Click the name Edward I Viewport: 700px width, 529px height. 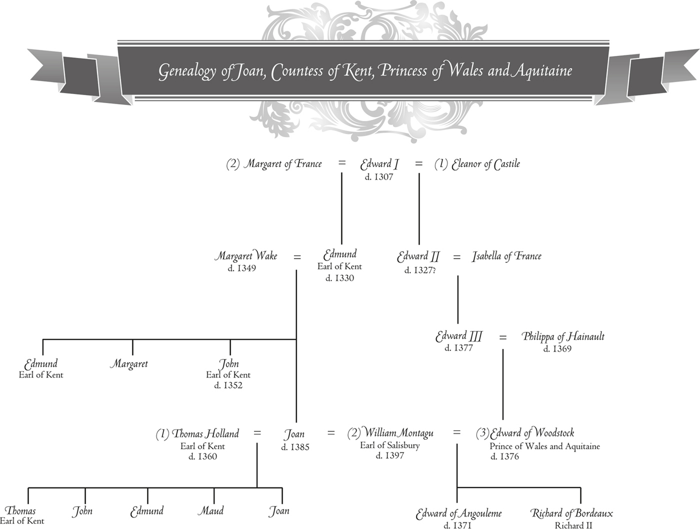(x=379, y=164)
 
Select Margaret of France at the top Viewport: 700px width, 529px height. (x=283, y=164)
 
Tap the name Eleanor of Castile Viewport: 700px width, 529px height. (x=486, y=164)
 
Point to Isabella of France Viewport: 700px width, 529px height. (x=506, y=257)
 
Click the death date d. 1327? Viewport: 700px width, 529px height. (x=420, y=271)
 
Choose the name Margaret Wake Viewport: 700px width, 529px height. (x=246, y=256)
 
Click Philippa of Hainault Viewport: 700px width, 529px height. (x=563, y=336)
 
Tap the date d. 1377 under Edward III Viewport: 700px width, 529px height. (x=459, y=348)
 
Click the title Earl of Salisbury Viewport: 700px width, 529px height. (x=389, y=445)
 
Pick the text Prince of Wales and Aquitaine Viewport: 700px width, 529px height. (x=544, y=446)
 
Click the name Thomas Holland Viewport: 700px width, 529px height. (x=205, y=434)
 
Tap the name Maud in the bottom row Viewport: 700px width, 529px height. (x=211, y=511)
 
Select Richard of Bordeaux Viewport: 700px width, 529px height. (x=572, y=514)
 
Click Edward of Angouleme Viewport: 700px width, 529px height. (x=459, y=514)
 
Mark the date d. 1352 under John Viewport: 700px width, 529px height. (x=228, y=386)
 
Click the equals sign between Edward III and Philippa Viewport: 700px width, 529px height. (x=502, y=337)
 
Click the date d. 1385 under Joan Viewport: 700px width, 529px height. (x=295, y=447)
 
